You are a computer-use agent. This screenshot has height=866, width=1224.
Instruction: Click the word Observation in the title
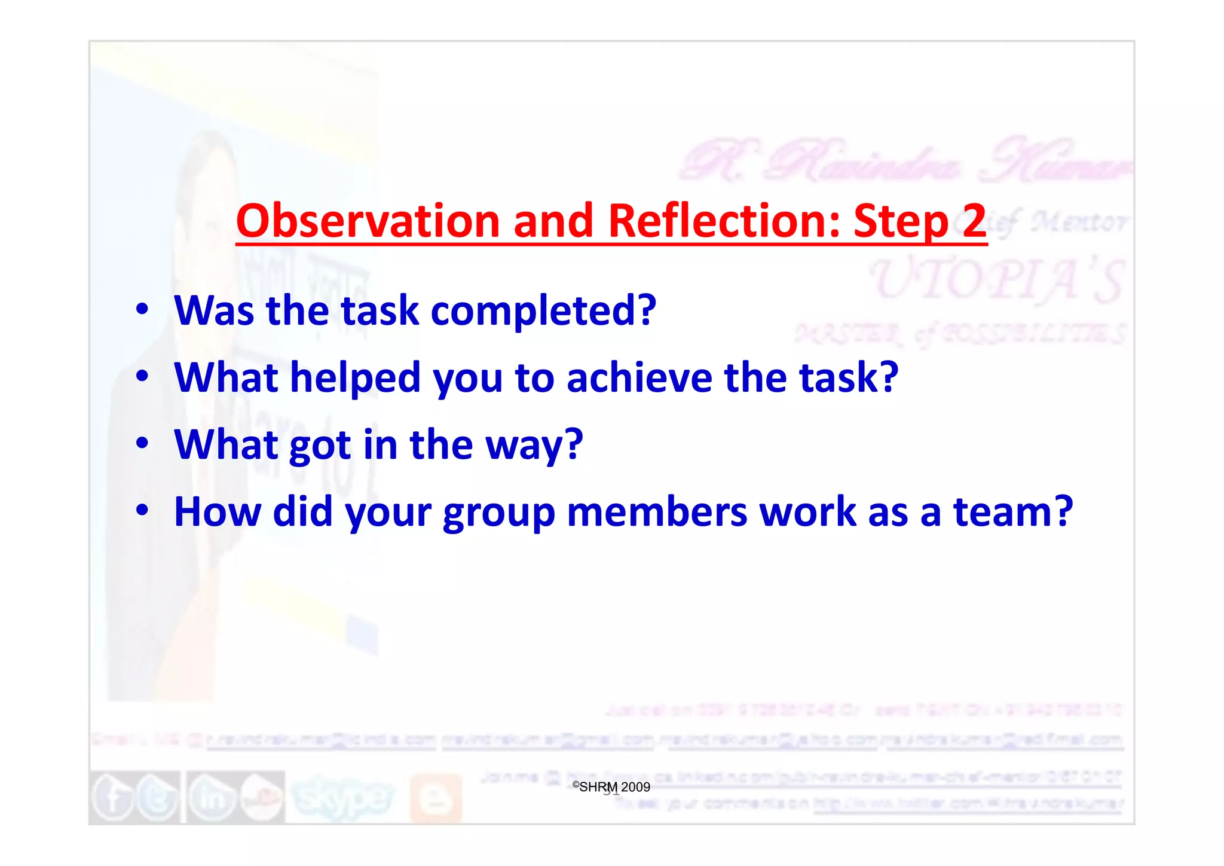(x=368, y=221)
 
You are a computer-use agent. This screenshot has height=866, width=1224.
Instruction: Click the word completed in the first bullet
(x=543, y=312)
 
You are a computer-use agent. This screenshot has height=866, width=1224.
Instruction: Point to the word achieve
(x=639, y=378)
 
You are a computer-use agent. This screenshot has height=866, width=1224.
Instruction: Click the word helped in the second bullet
(x=355, y=378)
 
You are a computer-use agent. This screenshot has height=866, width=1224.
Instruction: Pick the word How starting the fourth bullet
(x=218, y=513)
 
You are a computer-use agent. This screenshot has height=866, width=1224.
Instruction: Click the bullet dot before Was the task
(x=142, y=309)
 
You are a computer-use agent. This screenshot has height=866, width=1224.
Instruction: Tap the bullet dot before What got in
(x=142, y=443)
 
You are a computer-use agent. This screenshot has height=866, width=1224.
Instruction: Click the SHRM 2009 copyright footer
(x=611, y=787)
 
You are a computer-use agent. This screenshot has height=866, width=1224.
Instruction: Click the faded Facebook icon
(x=112, y=798)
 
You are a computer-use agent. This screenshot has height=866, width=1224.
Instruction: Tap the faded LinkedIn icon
(x=210, y=798)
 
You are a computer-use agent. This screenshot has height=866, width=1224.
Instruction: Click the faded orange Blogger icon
(x=436, y=798)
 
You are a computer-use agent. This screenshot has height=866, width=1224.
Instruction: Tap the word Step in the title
(x=901, y=221)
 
